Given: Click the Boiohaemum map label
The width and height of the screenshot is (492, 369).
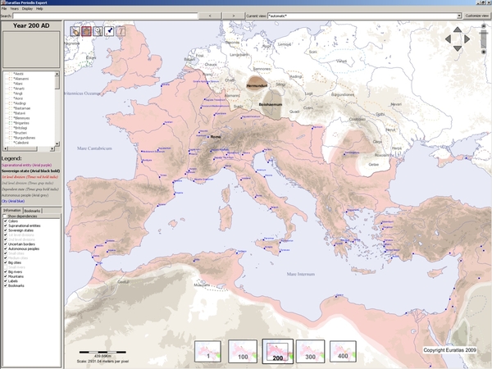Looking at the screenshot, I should click(x=271, y=105).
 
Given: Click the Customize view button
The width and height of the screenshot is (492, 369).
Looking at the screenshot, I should click(x=476, y=16).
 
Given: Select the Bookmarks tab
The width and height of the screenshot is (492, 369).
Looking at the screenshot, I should click(x=33, y=211).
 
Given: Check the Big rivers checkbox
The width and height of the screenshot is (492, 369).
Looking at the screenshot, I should click(x=5, y=270).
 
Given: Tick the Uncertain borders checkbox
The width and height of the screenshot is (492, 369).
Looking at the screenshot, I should click(x=5, y=245).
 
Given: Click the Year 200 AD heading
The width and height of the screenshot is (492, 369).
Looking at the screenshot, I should click(x=31, y=26).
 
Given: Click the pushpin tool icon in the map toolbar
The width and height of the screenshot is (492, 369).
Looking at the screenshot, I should click(x=109, y=31).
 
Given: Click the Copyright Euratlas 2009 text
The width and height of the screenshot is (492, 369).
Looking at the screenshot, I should click(x=449, y=349).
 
